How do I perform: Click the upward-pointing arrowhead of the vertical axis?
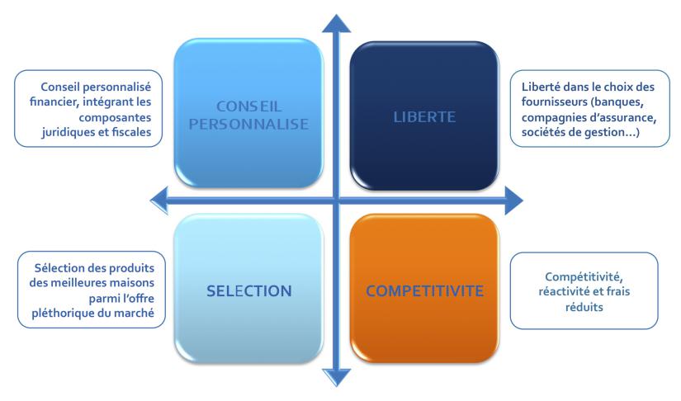[x=335, y=23]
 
